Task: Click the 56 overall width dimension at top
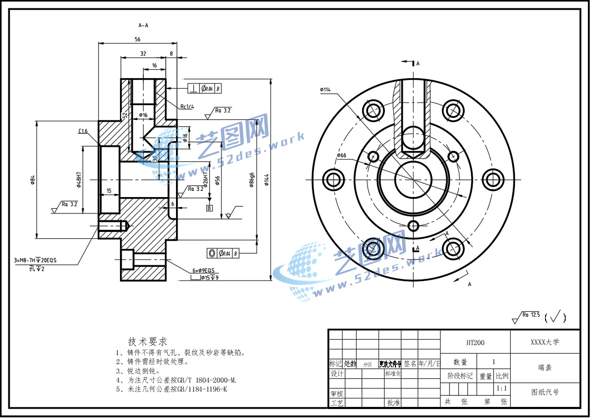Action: click(x=137, y=40)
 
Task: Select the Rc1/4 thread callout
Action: click(x=186, y=107)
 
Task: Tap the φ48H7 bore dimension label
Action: click(x=78, y=180)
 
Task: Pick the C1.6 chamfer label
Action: click(x=82, y=132)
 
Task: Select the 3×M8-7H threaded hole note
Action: click(x=36, y=261)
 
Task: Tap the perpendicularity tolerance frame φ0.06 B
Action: click(x=204, y=89)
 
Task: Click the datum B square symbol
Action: click(x=209, y=208)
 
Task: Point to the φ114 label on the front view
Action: click(x=325, y=90)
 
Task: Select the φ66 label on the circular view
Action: click(x=341, y=155)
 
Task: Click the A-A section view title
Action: click(x=143, y=25)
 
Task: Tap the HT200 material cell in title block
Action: click(x=475, y=342)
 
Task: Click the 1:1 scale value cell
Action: click(x=502, y=388)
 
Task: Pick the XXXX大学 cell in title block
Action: click(x=544, y=342)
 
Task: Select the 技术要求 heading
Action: click(x=147, y=341)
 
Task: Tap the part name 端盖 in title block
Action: click(x=544, y=367)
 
